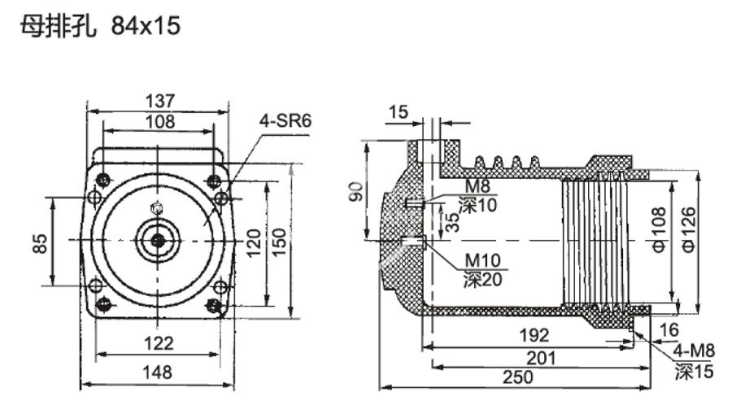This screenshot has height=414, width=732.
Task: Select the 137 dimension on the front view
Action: point(159,101)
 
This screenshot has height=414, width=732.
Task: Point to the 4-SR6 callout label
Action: point(285,121)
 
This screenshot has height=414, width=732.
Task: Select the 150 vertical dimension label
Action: point(279,242)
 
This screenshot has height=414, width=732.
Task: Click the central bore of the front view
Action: point(157,240)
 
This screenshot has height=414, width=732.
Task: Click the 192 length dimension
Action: point(533,335)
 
